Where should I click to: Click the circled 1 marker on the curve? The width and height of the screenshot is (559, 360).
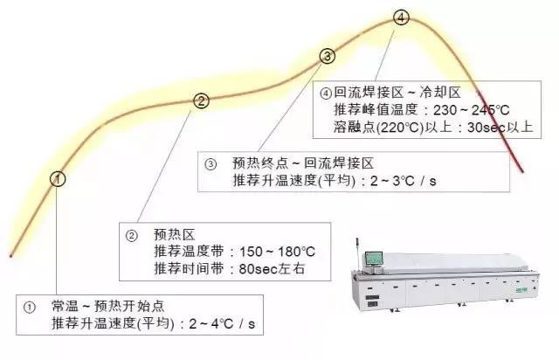(x=58, y=179)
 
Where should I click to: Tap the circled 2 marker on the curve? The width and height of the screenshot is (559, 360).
(x=202, y=101)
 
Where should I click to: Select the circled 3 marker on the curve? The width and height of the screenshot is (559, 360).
(x=328, y=56)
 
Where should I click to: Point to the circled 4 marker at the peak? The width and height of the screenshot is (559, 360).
(x=401, y=17)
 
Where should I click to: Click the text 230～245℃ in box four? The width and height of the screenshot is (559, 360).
(x=472, y=110)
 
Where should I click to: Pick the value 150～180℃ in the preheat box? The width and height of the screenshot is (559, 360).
(x=277, y=252)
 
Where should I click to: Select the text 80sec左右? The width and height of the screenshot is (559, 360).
(x=272, y=268)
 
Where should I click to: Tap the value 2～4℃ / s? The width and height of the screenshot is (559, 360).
(x=222, y=323)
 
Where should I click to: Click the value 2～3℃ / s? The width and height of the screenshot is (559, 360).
(x=404, y=181)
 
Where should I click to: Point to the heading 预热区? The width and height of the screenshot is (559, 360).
(x=175, y=235)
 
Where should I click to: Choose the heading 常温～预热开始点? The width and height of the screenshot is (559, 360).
(x=108, y=306)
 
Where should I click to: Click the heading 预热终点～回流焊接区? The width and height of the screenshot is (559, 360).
(x=303, y=163)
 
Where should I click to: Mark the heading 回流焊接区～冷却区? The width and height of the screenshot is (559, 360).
(x=397, y=93)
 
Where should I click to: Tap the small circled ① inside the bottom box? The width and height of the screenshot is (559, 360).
(x=29, y=308)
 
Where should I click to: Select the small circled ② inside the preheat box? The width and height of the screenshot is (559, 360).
(x=132, y=236)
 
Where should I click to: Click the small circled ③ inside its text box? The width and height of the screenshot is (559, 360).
(x=210, y=164)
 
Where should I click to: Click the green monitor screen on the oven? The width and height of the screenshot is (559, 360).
(x=374, y=259)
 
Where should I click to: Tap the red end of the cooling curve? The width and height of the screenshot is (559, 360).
(x=522, y=172)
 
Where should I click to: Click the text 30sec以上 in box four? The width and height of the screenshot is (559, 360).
(x=500, y=128)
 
